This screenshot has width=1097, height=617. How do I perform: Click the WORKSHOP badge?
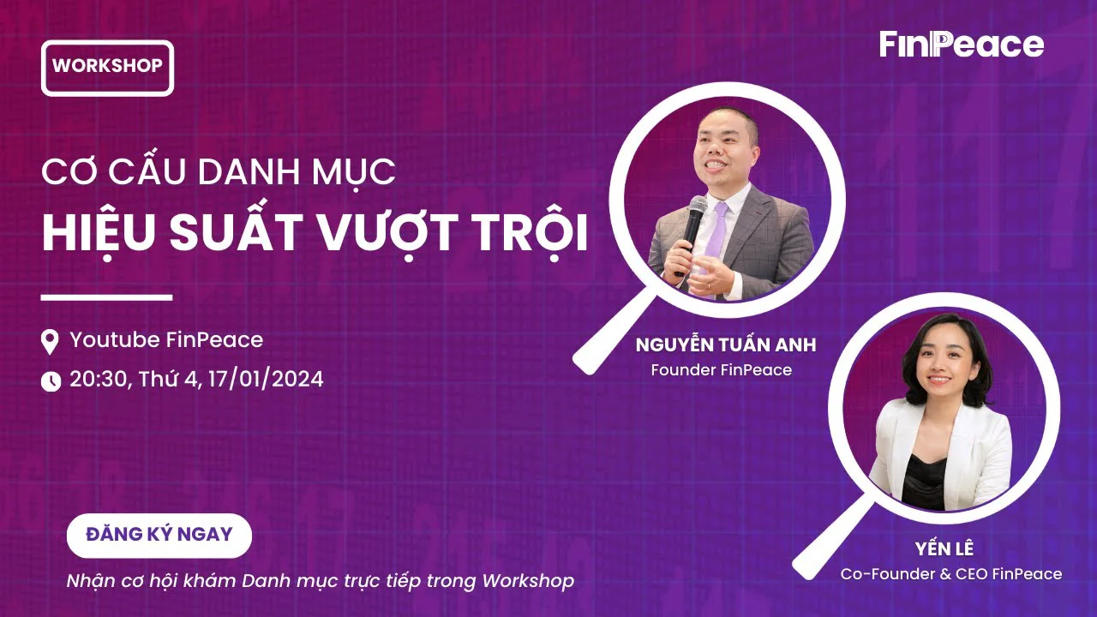(x=108, y=68)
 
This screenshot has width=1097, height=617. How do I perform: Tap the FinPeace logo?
(x=962, y=45)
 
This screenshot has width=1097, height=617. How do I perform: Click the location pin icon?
(x=50, y=342)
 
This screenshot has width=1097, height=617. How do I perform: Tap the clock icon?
(x=51, y=381)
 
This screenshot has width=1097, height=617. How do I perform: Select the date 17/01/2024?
(x=266, y=380)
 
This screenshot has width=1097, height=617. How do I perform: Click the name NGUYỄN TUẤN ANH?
(x=726, y=344)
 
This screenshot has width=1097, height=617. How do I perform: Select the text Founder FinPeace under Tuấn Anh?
(x=722, y=369)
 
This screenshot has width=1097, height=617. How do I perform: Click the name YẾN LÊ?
(x=944, y=548)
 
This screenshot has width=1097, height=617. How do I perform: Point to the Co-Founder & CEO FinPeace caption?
(x=951, y=574)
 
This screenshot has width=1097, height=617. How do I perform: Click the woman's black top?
(x=925, y=482)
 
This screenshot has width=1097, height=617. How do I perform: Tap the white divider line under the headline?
(x=107, y=297)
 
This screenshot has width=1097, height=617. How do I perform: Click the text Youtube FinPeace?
(x=166, y=340)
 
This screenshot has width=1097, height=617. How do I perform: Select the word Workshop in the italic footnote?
(x=528, y=581)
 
